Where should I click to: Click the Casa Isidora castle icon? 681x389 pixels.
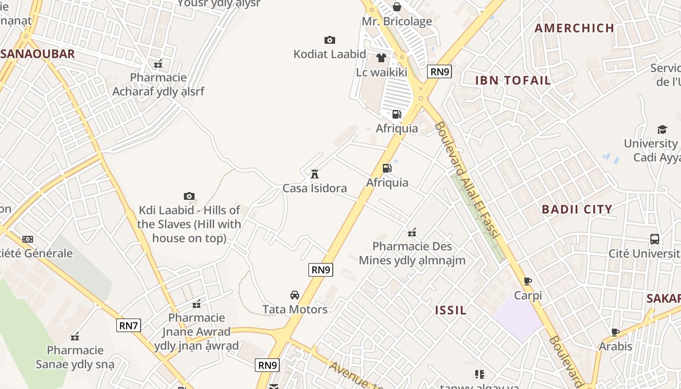coord(315,174)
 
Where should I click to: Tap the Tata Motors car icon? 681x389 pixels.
coord(295,295)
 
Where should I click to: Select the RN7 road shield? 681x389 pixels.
coord(128,325)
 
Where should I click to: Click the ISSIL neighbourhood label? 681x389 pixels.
coord(451,310)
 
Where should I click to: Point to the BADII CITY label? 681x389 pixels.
coord(577,210)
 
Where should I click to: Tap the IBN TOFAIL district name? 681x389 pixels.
coord(513,80)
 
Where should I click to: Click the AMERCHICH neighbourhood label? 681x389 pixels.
coord(574,28)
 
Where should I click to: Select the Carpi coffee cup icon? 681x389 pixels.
coord(528,281)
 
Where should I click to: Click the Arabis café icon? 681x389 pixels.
coord(615,332)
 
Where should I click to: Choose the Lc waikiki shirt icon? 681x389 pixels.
coord(381,58)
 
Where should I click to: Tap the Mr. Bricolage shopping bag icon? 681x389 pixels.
coord(397,7)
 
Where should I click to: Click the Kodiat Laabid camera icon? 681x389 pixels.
coord(330,40)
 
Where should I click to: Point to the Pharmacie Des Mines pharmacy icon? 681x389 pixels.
coord(412,232)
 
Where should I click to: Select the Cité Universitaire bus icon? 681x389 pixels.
coord(655,239)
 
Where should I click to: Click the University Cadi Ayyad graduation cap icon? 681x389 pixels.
coord(662,129)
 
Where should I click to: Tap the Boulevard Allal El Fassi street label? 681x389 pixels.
coord(467,180)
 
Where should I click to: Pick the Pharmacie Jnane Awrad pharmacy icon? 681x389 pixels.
coord(197,304)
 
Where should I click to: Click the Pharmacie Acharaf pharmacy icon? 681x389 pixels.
coord(158,63)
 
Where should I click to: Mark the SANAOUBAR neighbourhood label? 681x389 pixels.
coord(38,54)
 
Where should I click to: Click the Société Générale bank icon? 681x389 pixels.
coord(28,239)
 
